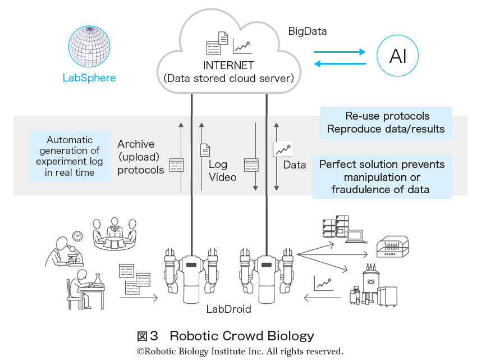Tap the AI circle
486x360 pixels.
click(397, 56)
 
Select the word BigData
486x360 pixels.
click(308, 31)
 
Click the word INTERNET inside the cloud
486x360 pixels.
click(228, 65)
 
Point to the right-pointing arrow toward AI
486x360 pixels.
click(340, 52)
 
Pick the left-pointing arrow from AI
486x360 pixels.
click(340, 63)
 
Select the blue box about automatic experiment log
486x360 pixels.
click(70, 156)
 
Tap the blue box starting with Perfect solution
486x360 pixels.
click(382, 177)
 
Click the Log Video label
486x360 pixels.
click(222, 171)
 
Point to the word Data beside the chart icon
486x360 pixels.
click(295, 165)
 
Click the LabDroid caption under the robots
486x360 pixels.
click(228, 309)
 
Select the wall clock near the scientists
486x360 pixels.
click(77, 236)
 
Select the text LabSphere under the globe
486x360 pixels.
click(89, 78)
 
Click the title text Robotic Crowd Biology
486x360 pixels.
click(241, 336)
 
